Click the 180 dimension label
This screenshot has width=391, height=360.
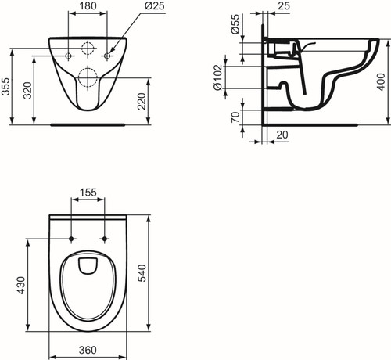[x=88, y=5]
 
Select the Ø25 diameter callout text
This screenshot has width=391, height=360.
[x=155, y=5]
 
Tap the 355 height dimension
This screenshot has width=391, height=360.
[x=5, y=86]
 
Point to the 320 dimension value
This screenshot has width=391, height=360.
[x=27, y=90]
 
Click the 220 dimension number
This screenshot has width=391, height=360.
[x=142, y=101]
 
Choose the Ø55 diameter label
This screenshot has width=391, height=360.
[x=235, y=24]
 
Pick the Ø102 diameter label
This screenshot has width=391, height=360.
[x=218, y=77]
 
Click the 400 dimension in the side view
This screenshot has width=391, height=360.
[x=381, y=82]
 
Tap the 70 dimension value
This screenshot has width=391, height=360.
[x=235, y=117]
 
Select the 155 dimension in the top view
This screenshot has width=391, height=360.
[x=88, y=193]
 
